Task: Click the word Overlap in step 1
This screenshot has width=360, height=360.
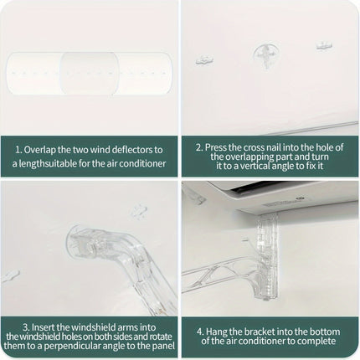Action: point(40,150)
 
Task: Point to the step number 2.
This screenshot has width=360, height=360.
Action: point(198,147)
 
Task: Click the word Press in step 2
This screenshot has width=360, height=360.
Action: point(216,147)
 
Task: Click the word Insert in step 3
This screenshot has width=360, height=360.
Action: point(44,327)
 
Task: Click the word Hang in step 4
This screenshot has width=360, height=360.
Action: point(216,332)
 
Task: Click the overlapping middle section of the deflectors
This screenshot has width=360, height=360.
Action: point(90,73)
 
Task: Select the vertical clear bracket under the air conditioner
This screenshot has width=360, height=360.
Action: point(267,256)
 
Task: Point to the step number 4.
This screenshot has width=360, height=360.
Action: point(200,332)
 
